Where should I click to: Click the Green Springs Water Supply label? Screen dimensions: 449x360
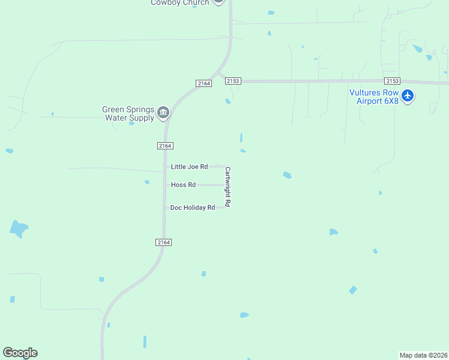128,113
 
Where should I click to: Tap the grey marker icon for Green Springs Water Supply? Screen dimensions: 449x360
163,113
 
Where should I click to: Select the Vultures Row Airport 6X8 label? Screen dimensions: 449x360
374,97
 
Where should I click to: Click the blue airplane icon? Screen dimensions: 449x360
408,95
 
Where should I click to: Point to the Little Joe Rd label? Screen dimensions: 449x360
189,167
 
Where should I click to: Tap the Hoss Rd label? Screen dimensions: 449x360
183,185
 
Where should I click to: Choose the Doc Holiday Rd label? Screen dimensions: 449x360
192,208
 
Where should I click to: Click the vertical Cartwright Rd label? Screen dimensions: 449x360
228,187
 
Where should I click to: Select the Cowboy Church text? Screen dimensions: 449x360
179,2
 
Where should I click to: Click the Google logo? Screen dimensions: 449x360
20,353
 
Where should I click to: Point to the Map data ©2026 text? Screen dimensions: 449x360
424,355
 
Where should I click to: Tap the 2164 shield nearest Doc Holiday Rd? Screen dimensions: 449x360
164,242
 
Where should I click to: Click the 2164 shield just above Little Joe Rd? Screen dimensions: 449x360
166,146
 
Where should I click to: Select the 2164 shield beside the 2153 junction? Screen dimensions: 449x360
203,83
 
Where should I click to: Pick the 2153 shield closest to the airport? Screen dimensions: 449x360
393,81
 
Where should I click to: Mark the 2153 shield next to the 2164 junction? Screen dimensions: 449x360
233,81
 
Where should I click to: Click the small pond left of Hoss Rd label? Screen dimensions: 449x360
147,182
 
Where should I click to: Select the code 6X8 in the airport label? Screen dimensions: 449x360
391,101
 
